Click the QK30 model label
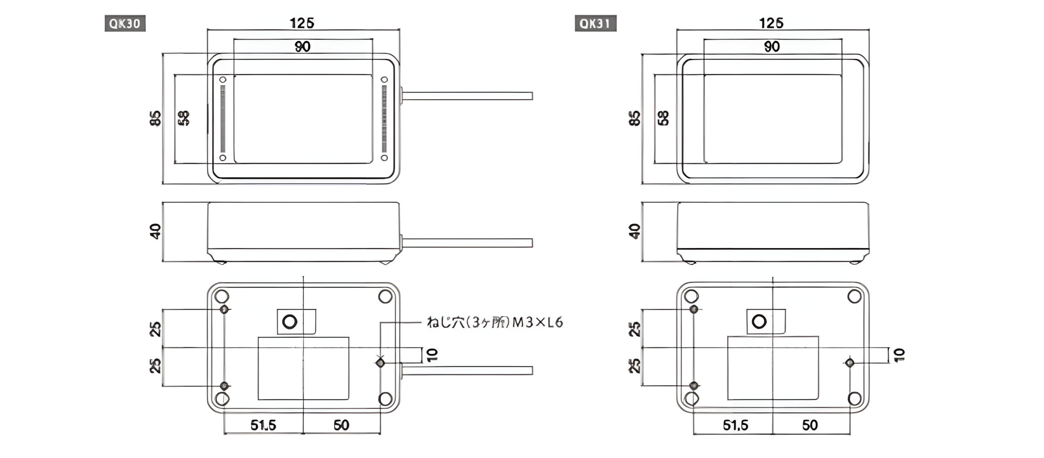coord(125,23)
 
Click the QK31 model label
coord(595,23)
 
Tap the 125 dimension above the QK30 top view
coord(302,23)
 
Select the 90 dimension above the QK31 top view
coord(772,47)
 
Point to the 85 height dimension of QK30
coord(156,118)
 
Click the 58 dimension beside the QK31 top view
coord(663,118)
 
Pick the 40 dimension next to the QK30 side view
coord(156,231)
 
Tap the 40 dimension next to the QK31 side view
coord(635,231)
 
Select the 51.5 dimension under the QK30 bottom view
coord(263,425)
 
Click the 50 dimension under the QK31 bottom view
coord(810,425)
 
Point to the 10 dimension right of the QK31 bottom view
coord(899,355)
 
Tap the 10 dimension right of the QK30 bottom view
coord(432,355)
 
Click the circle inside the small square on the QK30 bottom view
coord(290,322)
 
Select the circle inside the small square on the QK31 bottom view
coord(759,322)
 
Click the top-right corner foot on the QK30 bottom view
coord(385,296)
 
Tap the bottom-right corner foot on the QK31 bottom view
coord(854,398)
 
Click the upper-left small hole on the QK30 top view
coord(223,80)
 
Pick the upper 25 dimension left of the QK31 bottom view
coord(635,329)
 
